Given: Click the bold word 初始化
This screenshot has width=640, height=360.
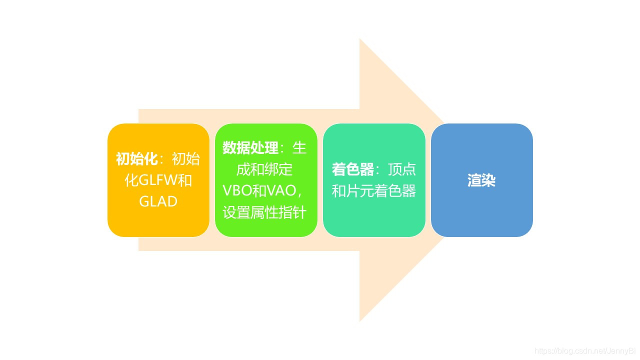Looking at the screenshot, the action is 137,159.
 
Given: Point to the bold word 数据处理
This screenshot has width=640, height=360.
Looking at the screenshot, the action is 250,148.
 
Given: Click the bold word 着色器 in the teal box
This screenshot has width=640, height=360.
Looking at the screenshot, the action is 353,170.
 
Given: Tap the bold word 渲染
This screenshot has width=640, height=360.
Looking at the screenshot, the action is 481,180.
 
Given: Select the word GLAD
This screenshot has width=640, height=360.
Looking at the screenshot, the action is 158,201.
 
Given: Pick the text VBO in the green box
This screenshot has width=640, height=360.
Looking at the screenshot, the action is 237,191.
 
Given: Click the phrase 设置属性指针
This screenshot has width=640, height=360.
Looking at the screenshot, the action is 264,212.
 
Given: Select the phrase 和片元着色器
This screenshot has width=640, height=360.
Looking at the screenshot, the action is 374,191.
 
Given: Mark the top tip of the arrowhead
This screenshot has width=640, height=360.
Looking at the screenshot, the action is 360,39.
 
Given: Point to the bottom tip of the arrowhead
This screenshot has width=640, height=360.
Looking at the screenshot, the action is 360,320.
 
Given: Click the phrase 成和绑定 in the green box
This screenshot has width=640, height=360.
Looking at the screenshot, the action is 264,169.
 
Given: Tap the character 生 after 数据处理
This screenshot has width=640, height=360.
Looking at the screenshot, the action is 299,148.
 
